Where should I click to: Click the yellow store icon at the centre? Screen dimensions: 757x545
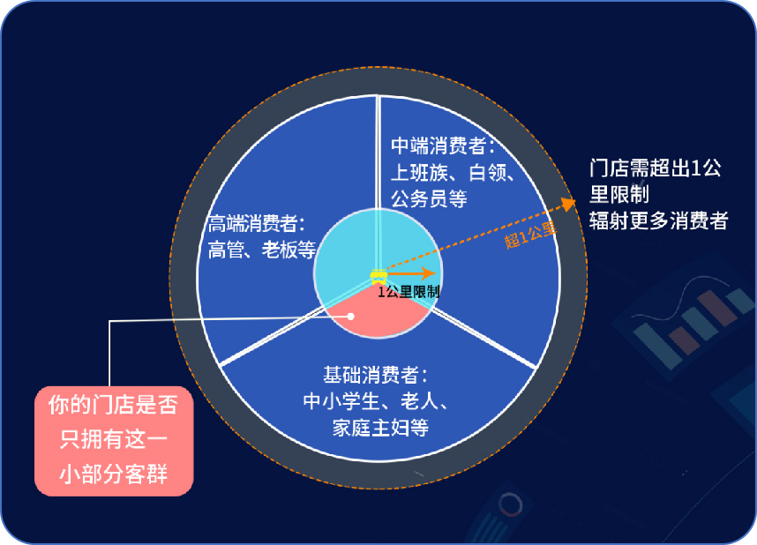[378, 276]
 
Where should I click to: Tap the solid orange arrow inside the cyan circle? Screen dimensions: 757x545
[411, 273]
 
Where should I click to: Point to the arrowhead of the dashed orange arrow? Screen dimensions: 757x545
[569, 203]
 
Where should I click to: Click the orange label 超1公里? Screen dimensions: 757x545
[530, 235]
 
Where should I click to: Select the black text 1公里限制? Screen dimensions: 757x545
[408, 292]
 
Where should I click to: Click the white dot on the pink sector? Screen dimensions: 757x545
[351, 317]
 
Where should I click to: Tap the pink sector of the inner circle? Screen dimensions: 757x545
[378, 312]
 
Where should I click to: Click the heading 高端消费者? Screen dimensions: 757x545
[257, 224]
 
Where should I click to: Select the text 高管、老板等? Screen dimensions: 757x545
[262, 250]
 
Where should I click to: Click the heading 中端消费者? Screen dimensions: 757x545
[443, 146]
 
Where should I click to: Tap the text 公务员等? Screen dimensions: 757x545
[429, 199]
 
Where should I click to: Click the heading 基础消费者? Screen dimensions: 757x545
[375, 375]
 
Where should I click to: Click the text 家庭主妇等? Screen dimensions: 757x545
[380, 428]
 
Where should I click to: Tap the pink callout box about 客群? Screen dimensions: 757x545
[114, 441]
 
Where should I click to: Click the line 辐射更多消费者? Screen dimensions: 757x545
[658, 221]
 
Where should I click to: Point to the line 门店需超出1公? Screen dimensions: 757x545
[656, 168]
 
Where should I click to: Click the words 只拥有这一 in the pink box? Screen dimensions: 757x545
[114, 439]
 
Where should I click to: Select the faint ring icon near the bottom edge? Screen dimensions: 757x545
[510, 505]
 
